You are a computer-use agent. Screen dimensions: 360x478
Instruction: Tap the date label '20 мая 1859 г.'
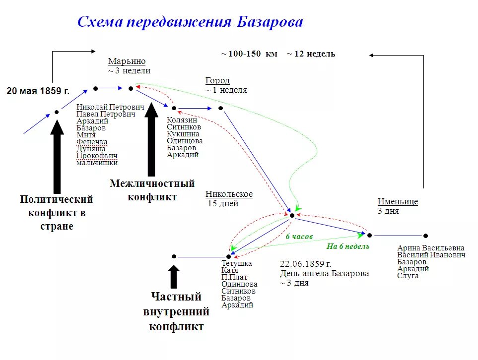click(38, 91)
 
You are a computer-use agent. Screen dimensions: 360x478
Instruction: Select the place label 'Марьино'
click(127, 61)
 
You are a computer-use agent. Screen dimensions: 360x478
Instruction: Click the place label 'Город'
click(217, 81)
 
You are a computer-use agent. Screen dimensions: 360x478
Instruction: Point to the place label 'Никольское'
click(229, 194)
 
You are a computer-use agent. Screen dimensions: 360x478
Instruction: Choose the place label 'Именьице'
click(398, 202)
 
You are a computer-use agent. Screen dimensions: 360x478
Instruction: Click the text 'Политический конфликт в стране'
click(57, 212)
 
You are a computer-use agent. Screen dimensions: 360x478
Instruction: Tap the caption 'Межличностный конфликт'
click(152, 190)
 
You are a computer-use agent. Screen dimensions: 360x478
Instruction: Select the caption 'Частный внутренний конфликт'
click(176, 311)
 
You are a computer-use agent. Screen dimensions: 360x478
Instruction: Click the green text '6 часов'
click(299, 237)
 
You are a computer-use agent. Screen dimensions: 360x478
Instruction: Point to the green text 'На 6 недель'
click(347, 246)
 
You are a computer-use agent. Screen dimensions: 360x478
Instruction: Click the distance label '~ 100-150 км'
click(249, 54)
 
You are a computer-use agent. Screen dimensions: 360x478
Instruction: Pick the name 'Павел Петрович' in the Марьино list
click(106, 114)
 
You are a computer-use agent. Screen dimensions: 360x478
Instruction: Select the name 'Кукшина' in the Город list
click(183, 134)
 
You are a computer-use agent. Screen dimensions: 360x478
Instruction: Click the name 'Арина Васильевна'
click(431, 248)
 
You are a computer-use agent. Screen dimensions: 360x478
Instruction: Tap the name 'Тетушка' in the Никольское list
click(236, 263)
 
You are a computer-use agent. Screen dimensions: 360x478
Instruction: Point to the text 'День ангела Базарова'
click(324, 273)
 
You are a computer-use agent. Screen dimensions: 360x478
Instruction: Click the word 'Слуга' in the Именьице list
click(408, 276)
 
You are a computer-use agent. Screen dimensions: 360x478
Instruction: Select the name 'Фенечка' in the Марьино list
click(92, 142)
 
